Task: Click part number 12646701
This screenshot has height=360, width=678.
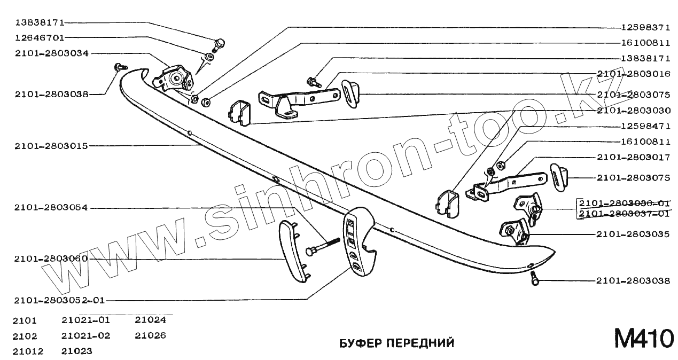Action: pos(40,38)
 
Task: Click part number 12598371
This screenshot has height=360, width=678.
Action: pos(645,27)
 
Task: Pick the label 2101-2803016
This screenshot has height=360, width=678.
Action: pos(634,74)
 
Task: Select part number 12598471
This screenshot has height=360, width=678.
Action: pos(645,127)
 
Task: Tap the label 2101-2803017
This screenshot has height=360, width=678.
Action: pos(634,158)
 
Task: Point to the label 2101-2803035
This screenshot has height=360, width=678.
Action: pos(634,234)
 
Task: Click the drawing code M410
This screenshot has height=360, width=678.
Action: pos(644,339)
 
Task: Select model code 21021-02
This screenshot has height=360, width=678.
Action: pos(85,336)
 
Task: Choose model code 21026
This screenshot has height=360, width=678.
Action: pos(150,336)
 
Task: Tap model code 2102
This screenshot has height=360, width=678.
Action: pos(26,336)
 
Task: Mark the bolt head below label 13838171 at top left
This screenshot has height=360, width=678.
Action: pos(219,43)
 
